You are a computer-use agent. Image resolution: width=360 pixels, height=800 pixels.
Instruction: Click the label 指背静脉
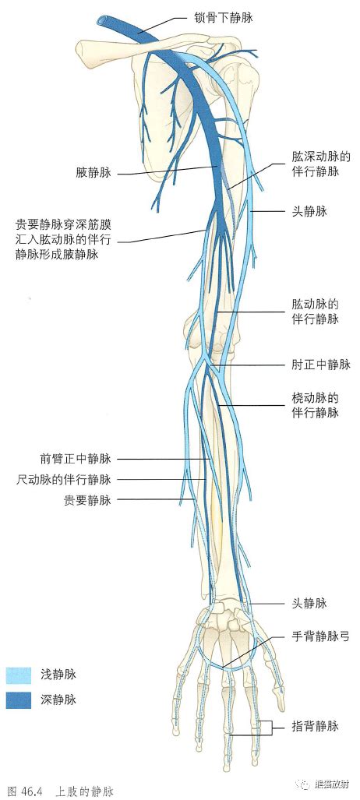315,726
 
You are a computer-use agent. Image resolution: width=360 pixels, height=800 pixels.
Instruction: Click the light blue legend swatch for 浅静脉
19,675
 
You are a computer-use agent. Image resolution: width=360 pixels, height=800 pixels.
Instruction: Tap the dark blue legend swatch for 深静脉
19,700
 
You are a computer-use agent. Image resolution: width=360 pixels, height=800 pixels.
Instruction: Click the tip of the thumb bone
281,707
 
